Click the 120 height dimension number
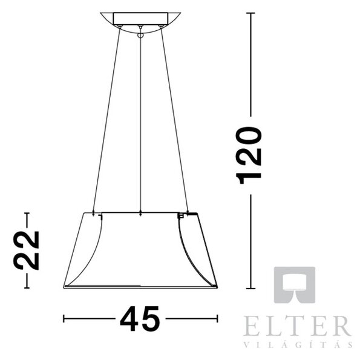pyautogui.click(x=249, y=155)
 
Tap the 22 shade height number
pyautogui.click(x=27, y=250)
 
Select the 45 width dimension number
pyautogui.click(x=140, y=319)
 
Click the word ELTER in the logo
pyautogui.click(x=297, y=326)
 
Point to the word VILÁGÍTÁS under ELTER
pyautogui.click(x=298, y=345)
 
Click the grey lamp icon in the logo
pyautogui.click(x=295, y=285)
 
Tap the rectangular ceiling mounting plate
pyautogui.click(x=140, y=19)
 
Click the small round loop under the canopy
pyautogui.click(x=140, y=35)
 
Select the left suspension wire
pyautogui.click(x=106, y=120)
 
